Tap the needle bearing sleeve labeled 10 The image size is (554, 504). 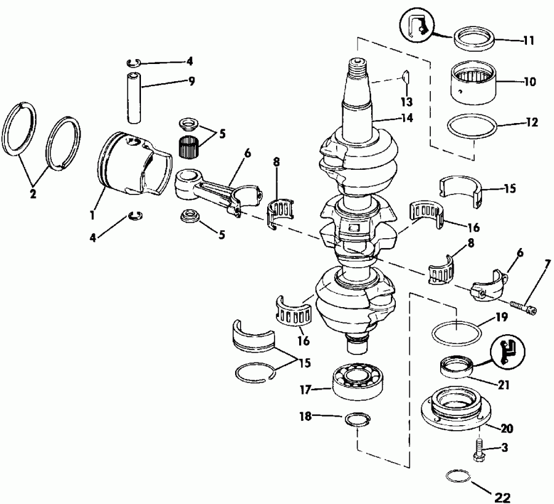472,81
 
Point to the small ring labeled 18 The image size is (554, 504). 356,420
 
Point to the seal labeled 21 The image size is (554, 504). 456,368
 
